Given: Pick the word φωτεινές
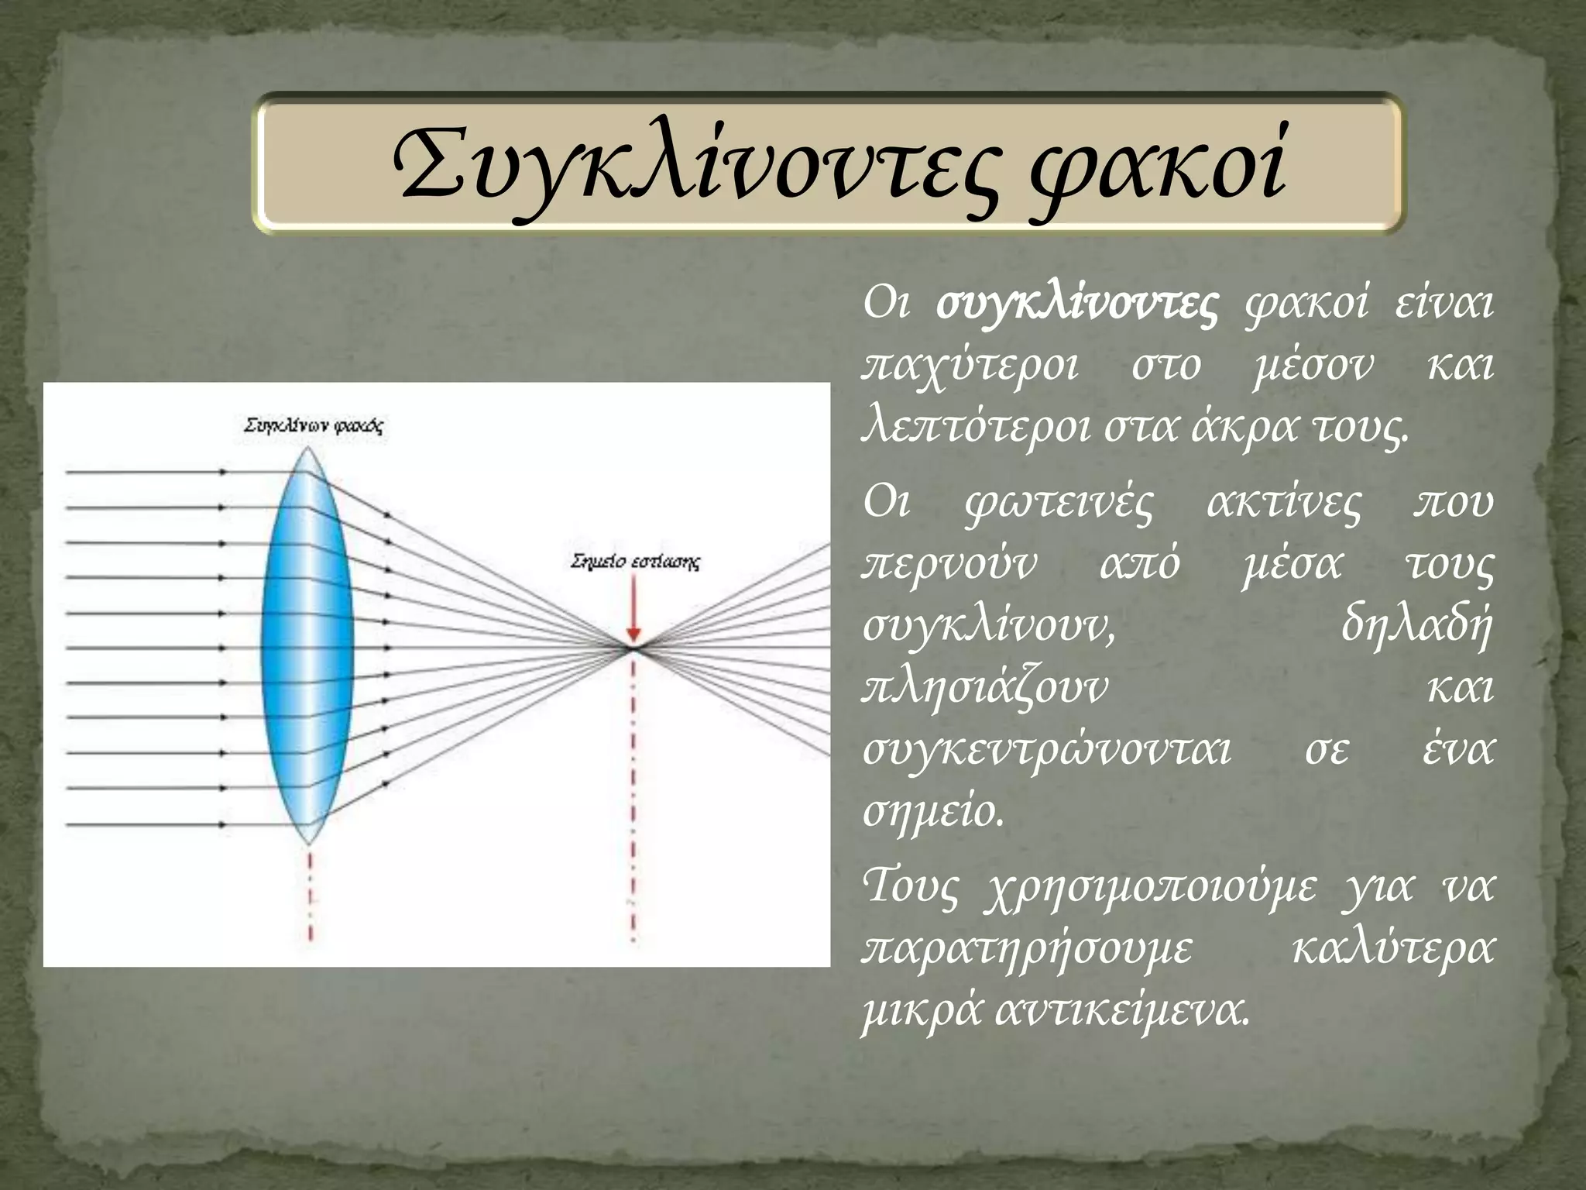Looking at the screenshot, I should point(1059,504).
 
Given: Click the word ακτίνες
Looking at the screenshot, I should point(1283,504).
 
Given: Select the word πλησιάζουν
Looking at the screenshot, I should point(985,688).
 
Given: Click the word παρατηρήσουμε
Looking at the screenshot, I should point(1028,949).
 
